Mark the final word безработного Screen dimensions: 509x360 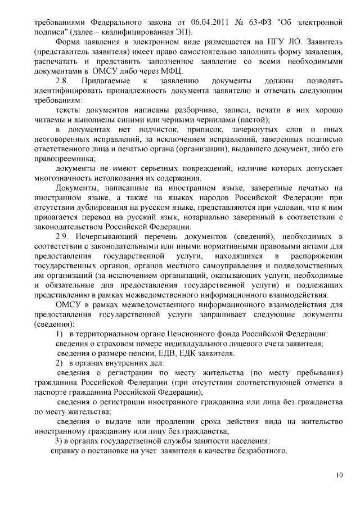(260, 451)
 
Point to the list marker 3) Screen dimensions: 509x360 (58, 440)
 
